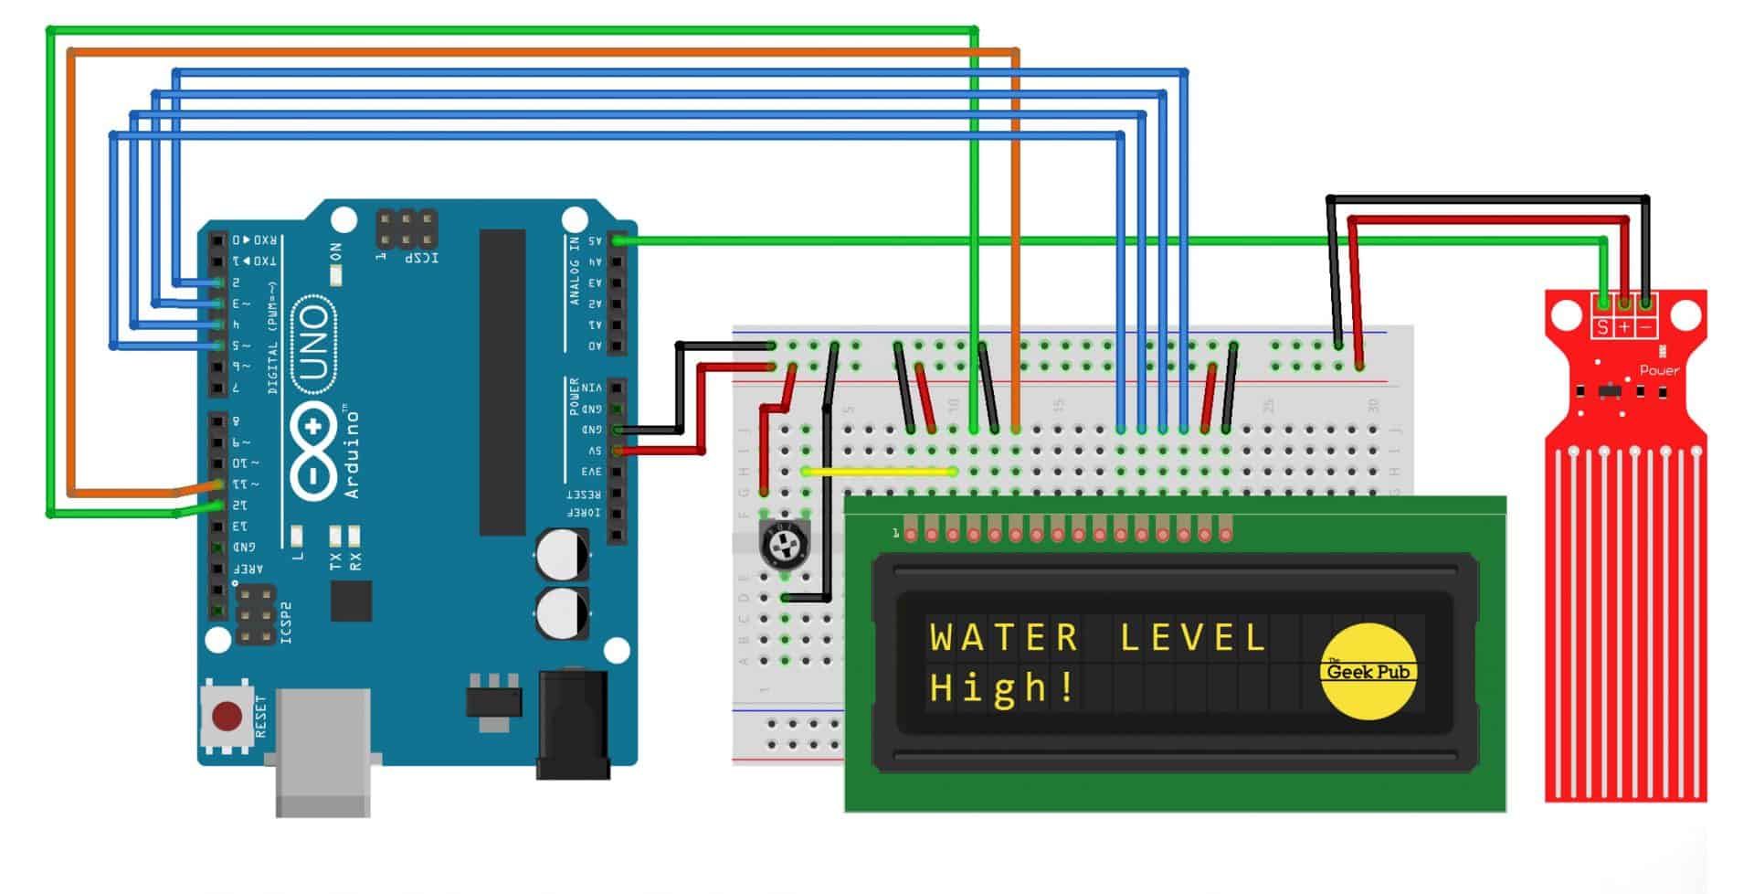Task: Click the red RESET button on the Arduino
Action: point(227,716)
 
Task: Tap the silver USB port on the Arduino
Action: point(322,750)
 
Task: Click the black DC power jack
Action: point(573,724)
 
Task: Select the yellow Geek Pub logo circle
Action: point(1368,672)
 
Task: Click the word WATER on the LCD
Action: point(1004,637)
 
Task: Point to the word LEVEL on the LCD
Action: point(1192,637)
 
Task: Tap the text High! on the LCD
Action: point(1002,687)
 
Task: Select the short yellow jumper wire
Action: point(879,472)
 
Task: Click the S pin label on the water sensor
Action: point(1602,326)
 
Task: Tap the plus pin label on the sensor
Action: point(1624,326)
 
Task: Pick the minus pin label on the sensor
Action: point(1646,326)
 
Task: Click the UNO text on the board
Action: point(313,344)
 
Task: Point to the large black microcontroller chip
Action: point(502,382)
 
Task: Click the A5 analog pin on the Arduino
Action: point(618,240)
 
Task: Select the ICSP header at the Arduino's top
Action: point(407,229)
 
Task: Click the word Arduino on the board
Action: point(352,454)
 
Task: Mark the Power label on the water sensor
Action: point(1659,370)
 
